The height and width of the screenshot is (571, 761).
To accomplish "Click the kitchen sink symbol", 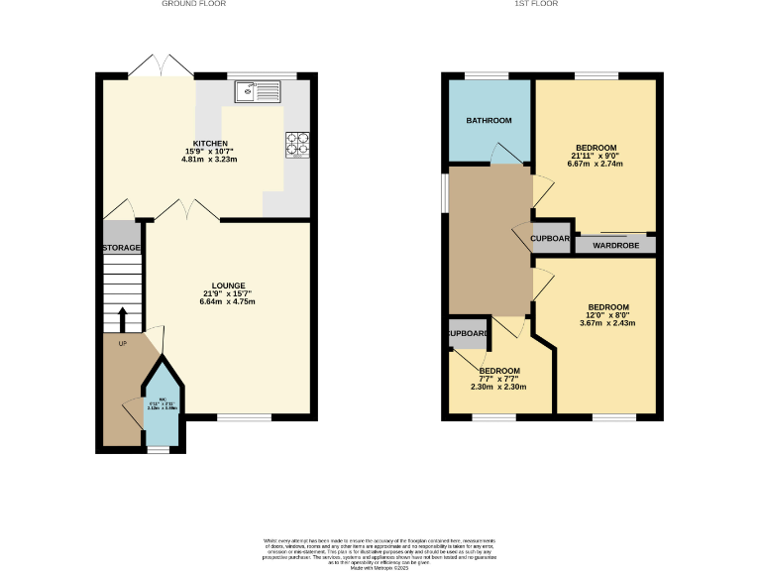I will coord(258,92).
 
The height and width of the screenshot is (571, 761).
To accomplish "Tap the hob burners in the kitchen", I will coord(298,145).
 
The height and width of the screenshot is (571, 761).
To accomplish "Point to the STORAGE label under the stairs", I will coord(122,248).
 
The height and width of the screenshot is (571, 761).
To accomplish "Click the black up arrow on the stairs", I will coord(123,320).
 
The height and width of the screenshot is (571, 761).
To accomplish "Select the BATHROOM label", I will coord(489,121).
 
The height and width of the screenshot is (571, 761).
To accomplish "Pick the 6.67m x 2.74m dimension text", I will coord(597,164).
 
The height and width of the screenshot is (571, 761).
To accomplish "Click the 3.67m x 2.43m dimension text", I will coord(606,323).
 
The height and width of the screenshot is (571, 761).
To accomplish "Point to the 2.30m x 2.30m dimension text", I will coord(499,388).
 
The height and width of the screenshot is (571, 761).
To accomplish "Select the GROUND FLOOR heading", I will coord(194,4).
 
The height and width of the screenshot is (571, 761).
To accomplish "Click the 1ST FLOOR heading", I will coord(536,4).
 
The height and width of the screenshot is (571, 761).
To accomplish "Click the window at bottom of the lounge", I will coord(244,417).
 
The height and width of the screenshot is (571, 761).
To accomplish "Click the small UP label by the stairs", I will coord(123,344).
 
